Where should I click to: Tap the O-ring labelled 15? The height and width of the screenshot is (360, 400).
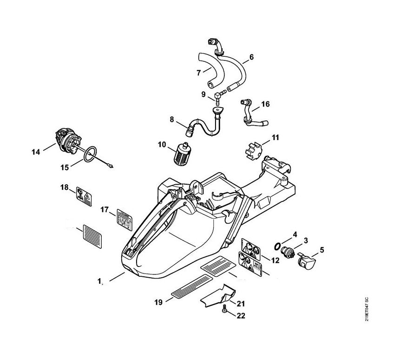tap(92, 153)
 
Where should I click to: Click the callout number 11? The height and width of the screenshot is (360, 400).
tap(275, 138)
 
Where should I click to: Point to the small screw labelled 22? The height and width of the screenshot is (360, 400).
tap(224, 308)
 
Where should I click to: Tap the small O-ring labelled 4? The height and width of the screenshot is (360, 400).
tap(277, 245)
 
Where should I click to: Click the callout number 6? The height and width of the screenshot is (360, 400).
tap(251, 57)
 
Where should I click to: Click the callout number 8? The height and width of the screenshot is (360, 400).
tap(172, 120)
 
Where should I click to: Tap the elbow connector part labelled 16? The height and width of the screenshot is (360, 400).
tap(251, 113)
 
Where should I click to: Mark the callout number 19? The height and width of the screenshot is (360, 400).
tap(158, 302)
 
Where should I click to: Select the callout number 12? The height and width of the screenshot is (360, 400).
tap(275, 260)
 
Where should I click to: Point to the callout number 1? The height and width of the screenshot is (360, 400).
tap(99, 281)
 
